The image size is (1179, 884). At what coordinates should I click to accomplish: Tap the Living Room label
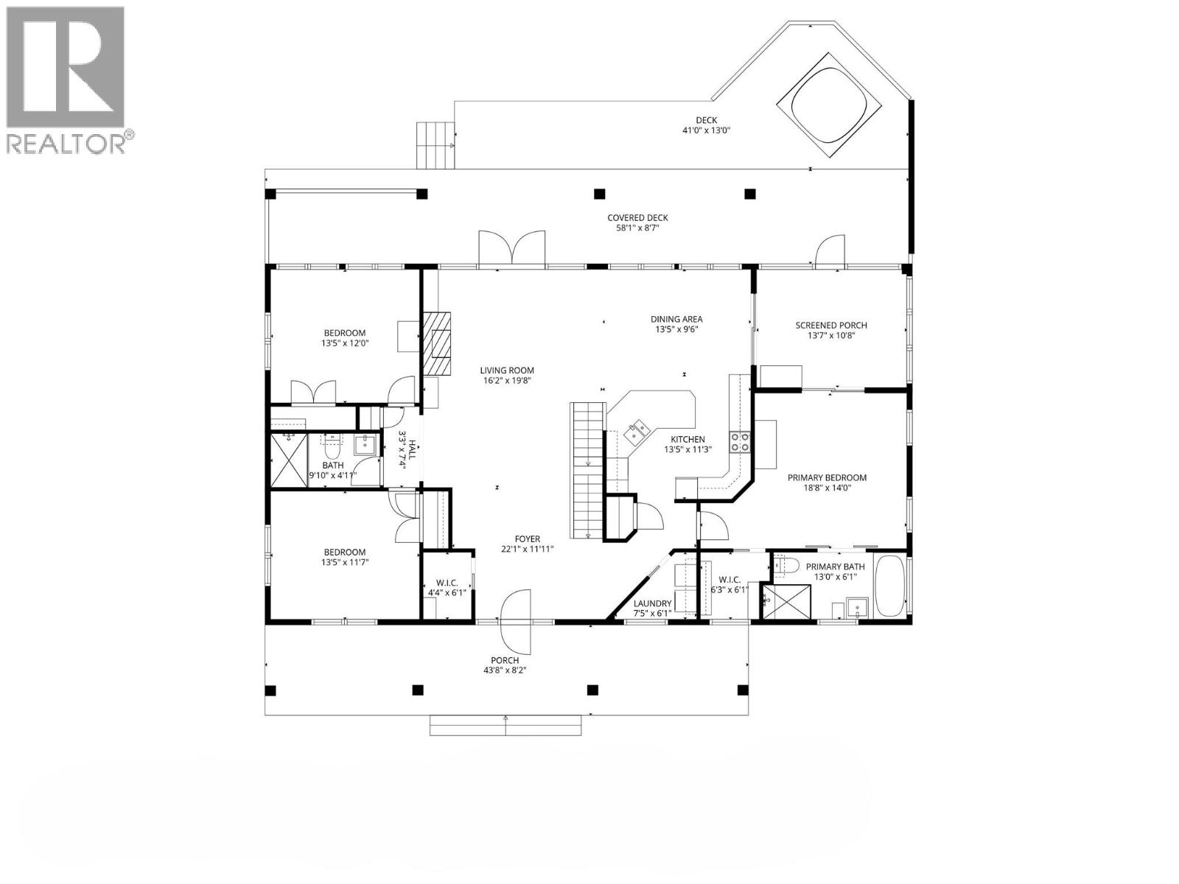507,371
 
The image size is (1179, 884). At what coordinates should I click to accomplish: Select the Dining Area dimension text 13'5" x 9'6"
676,329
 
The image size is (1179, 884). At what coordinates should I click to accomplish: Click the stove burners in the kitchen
739,441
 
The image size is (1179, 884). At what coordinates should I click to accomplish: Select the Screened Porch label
830,325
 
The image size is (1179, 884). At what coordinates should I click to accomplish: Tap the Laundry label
652,603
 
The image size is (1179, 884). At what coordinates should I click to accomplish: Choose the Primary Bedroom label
827,477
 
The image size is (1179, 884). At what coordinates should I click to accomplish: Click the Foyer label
527,539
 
